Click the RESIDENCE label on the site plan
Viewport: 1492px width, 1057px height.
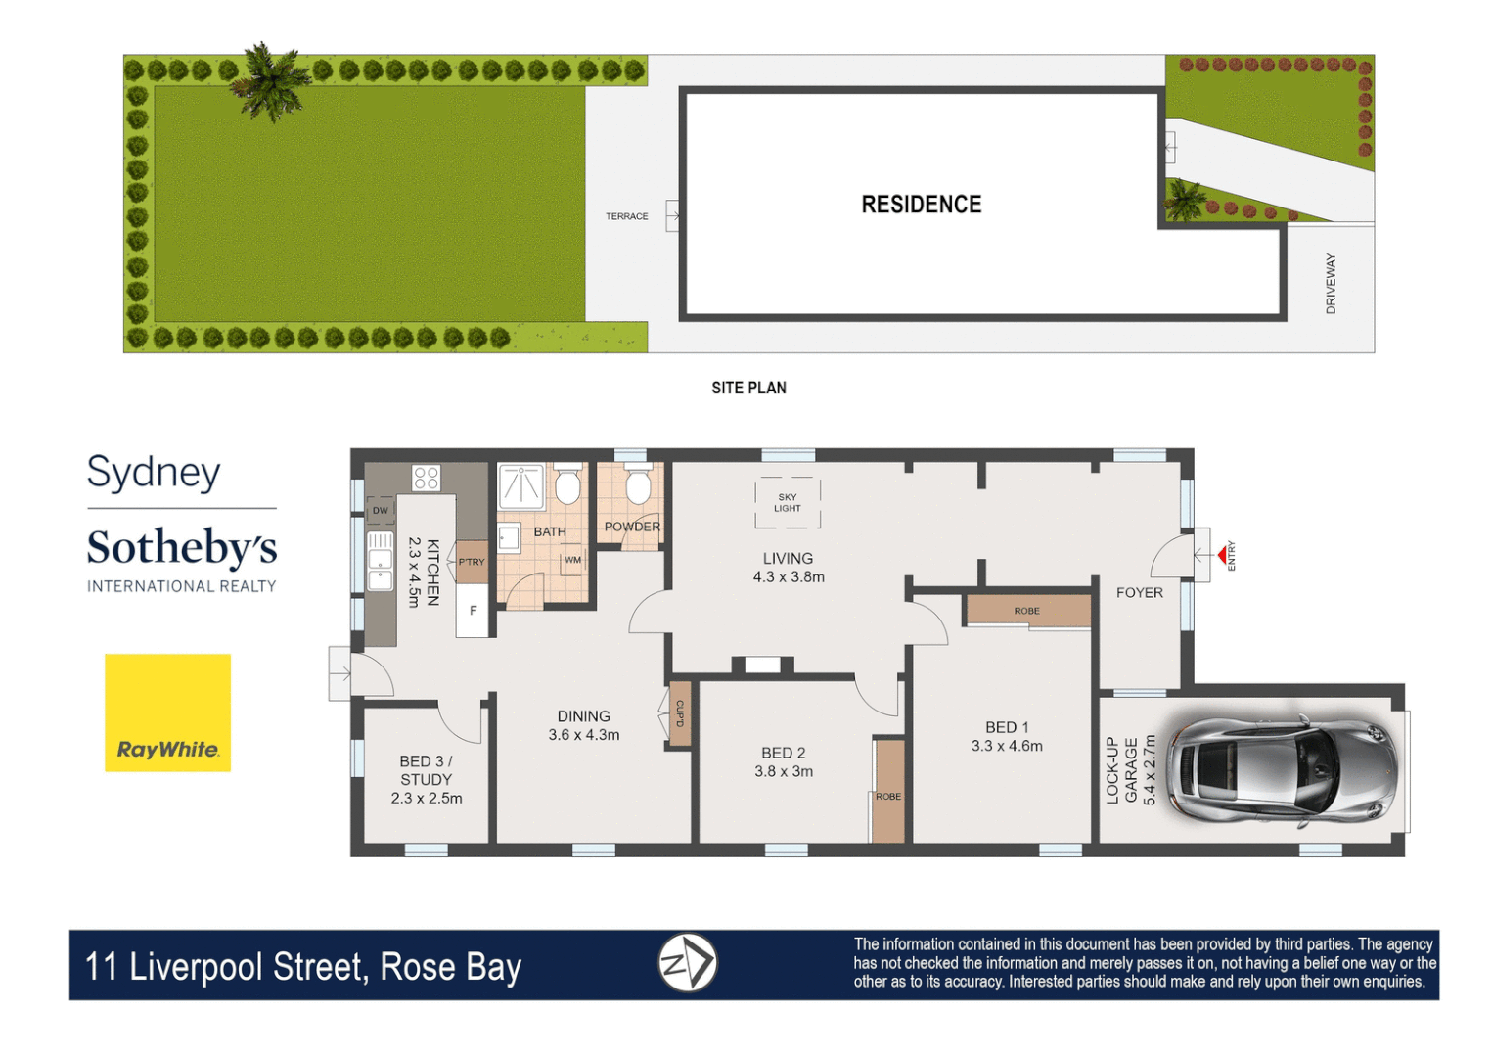(921, 205)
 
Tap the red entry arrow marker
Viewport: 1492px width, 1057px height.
(1222, 555)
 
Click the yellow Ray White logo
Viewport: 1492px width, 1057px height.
(167, 712)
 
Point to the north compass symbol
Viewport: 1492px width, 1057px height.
(687, 963)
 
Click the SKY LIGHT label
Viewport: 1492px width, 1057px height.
(787, 503)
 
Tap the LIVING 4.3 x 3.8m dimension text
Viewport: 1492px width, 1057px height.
(789, 577)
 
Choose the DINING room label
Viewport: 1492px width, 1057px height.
(584, 716)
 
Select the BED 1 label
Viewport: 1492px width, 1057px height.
(1007, 727)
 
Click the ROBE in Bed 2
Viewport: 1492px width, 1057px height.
(888, 792)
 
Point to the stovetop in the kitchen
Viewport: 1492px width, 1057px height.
(427, 478)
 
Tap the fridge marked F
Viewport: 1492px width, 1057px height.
(473, 611)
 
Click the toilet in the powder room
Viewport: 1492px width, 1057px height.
(638, 485)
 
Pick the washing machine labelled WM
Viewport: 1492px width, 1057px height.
(572, 561)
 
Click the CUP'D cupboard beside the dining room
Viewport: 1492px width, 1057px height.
(680, 714)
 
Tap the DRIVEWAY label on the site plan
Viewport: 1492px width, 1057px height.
(1330, 284)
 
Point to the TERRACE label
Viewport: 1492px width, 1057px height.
(626, 216)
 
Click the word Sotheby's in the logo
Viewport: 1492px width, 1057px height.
(182, 548)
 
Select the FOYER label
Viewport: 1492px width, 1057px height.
(1139, 592)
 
